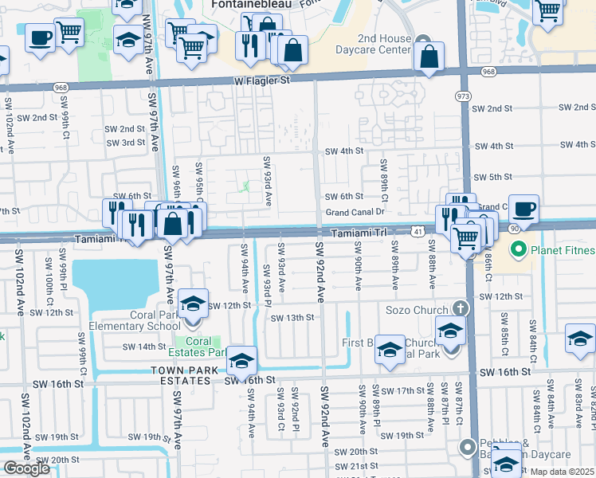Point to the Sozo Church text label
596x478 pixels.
click(x=421, y=308)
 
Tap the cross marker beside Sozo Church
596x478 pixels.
click(x=459, y=308)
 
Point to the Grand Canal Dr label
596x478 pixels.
click(x=355, y=213)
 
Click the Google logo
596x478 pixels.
click(x=26, y=468)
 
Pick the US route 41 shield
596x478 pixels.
click(x=418, y=231)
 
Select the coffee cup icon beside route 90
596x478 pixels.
click(x=523, y=209)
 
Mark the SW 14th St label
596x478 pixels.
click(x=143, y=347)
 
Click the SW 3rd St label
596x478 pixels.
click(x=127, y=143)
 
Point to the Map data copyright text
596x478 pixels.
click(x=563, y=472)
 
